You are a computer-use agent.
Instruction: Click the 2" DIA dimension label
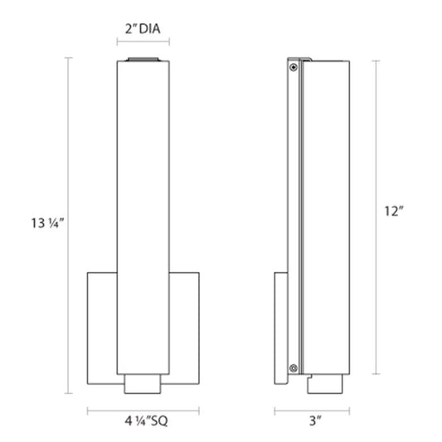click(143, 29)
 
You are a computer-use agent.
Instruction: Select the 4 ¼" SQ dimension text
click(146, 421)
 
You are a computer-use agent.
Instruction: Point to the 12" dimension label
click(394, 211)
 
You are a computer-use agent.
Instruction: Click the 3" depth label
click(315, 421)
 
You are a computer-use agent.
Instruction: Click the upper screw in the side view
click(294, 67)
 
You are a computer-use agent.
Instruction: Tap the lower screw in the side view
click(294, 368)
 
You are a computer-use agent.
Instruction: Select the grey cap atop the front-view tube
click(143, 59)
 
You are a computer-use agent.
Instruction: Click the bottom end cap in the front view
click(143, 384)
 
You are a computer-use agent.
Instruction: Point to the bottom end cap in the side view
click(325, 384)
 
